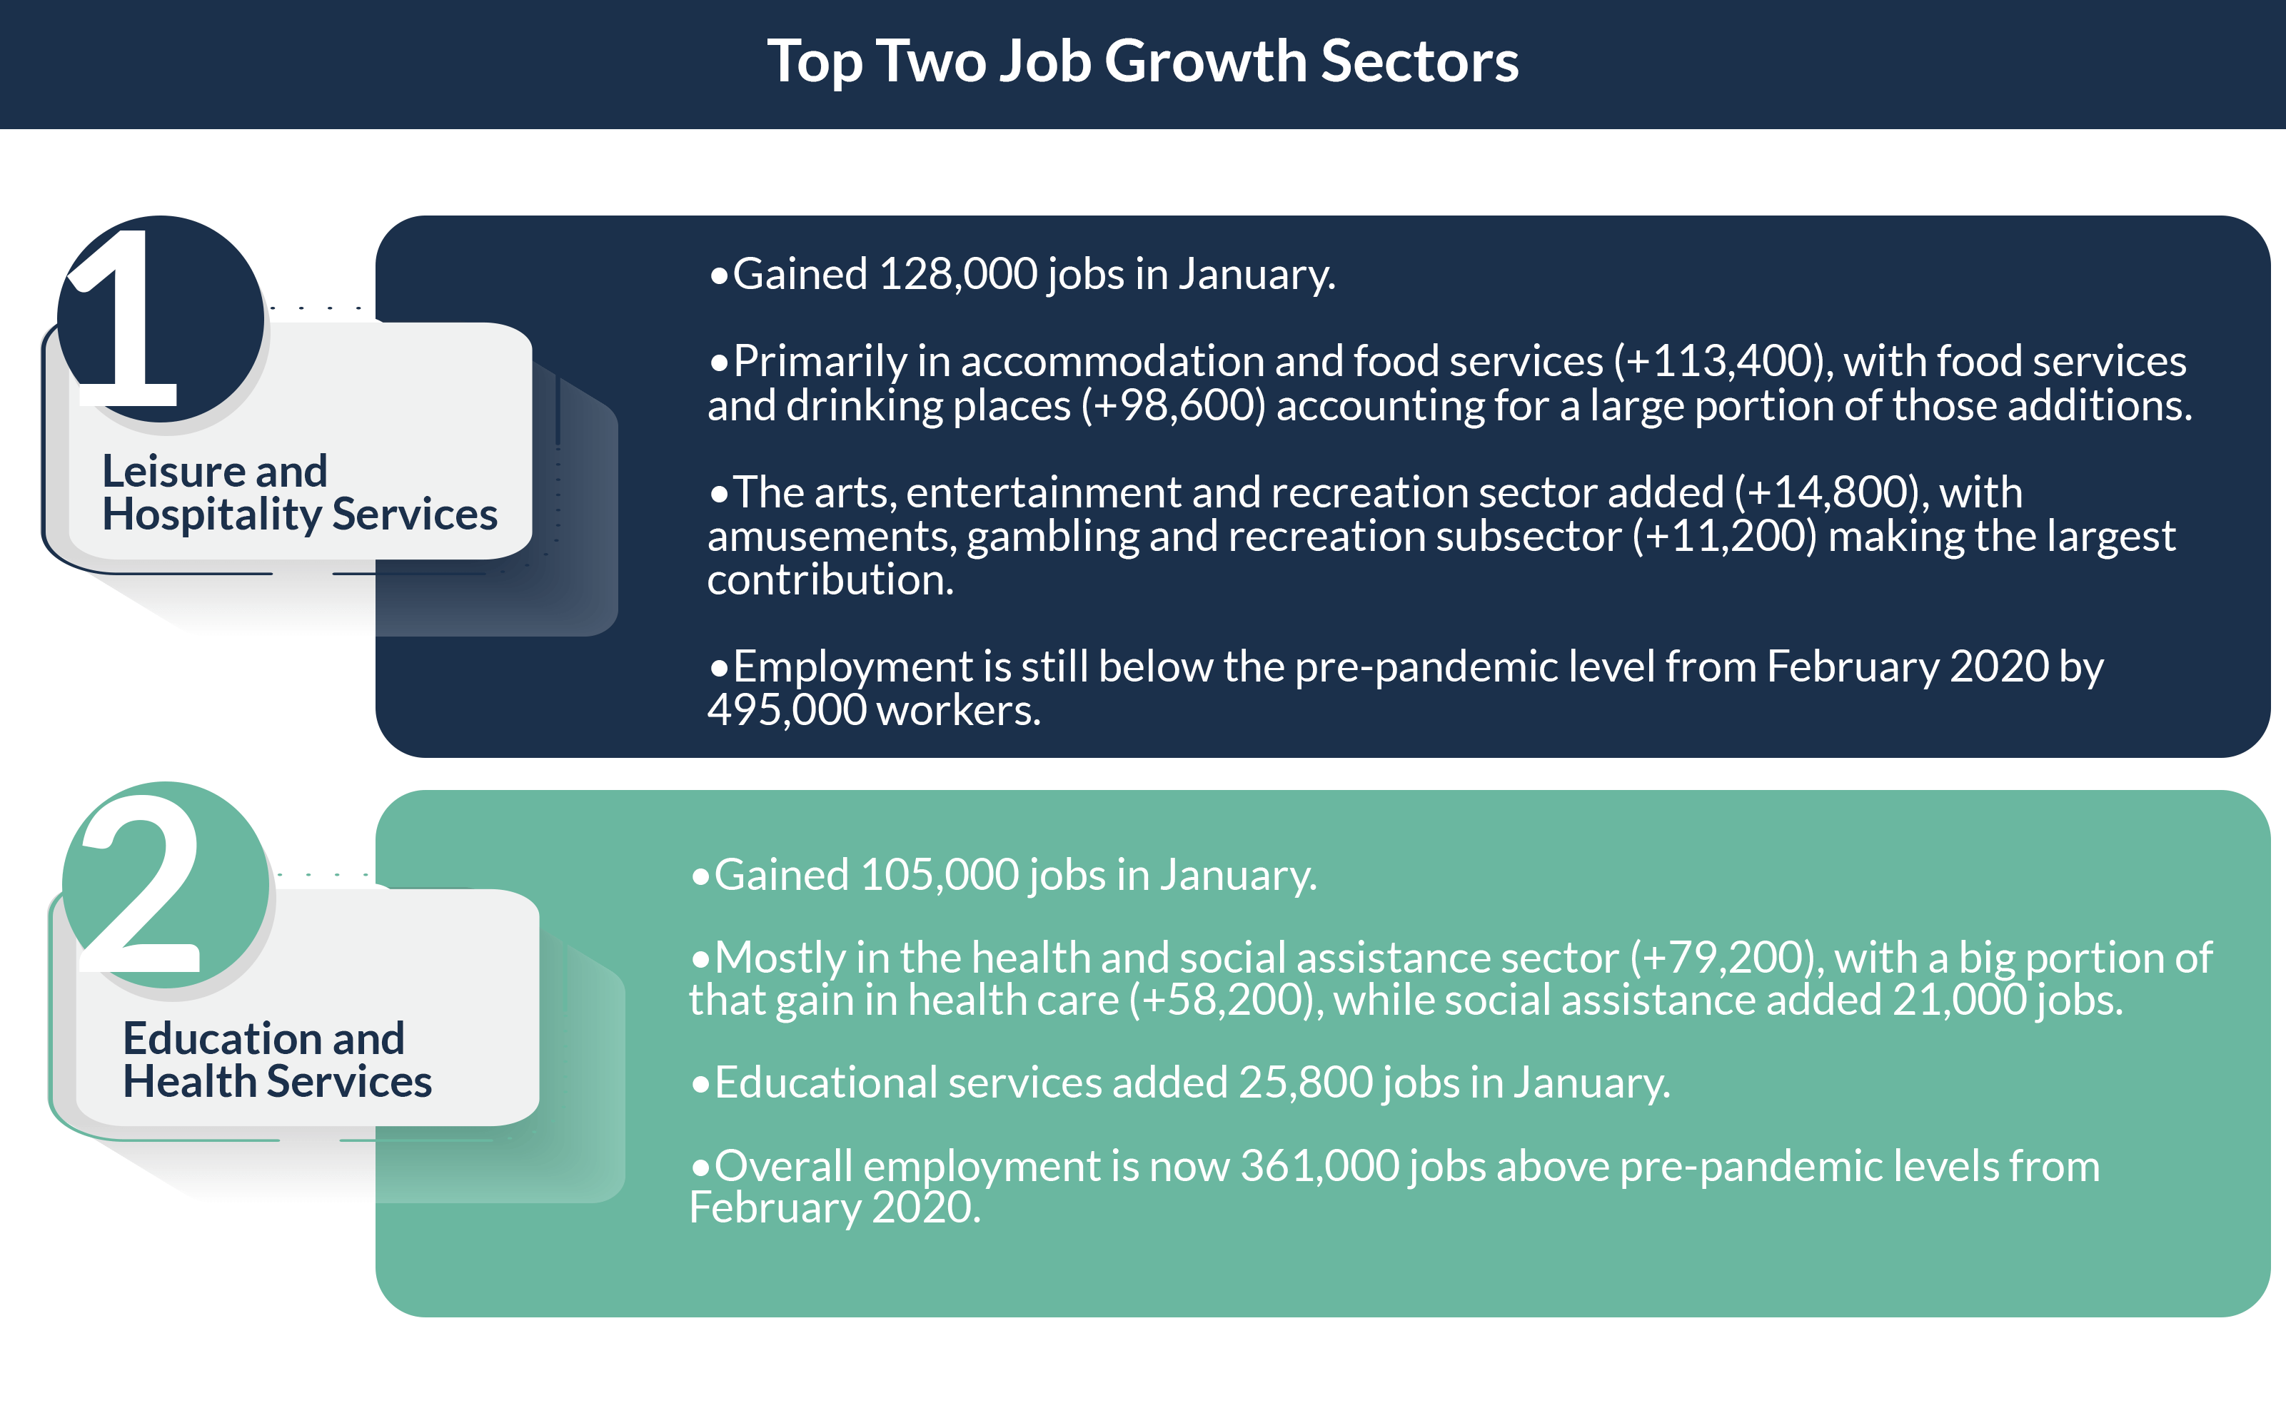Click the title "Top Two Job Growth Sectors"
(1142, 63)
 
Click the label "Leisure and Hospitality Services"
(299, 492)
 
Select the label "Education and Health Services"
(277, 1060)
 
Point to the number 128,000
(958, 275)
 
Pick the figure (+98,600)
(1174, 406)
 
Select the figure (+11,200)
(1724, 537)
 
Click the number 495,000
(787, 711)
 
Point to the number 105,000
(939, 876)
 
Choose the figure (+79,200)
(1726, 958)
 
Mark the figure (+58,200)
(1225, 1001)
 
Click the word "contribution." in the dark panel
(830, 580)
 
